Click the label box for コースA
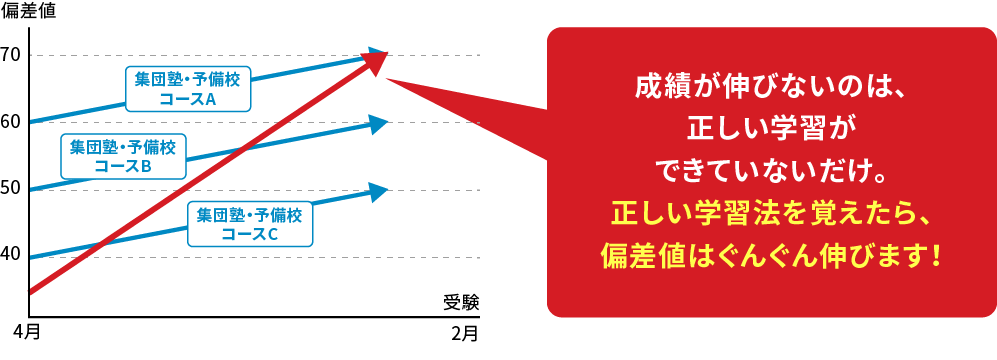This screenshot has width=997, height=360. coord(188,88)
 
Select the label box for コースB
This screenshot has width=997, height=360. coord(122,157)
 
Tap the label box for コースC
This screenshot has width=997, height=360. coord(249,224)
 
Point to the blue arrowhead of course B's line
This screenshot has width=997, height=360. coord(378,124)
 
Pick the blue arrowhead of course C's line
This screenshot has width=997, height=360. coord(378,191)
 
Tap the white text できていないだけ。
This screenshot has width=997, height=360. coord(770,172)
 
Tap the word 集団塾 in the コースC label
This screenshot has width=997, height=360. coord(219,214)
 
